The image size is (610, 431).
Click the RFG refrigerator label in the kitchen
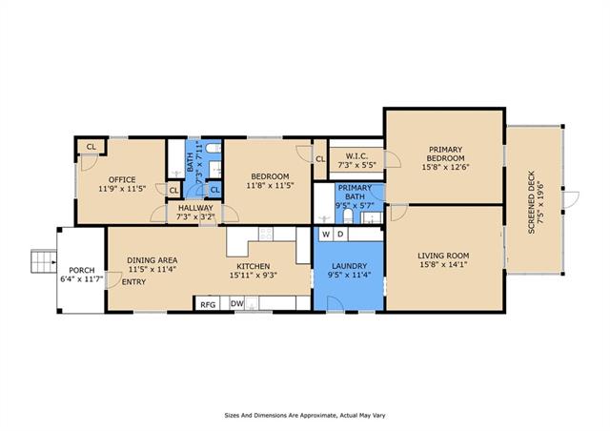click(x=208, y=304)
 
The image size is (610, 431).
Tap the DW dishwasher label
click(x=237, y=303)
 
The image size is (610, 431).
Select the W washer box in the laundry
click(x=326, y=234)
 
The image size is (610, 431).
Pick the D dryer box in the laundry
click(x=340, y=234)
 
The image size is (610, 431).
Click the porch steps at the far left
click(x=44, y=261)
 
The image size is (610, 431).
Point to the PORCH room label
click(x=82, y=270)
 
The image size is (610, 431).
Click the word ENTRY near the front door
click(x=133, y=282)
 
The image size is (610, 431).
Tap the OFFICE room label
click(x=122, y=179)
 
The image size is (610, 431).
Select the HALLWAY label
click(x=195, y=208)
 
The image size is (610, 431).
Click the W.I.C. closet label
click(x=356, y=156)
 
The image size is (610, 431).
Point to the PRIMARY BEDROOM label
click(x=445, y=154)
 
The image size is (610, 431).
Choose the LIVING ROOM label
click(x=443, y=256)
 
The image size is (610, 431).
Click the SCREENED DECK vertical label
click(x=532, y=202)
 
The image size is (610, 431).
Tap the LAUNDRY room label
click(x=350, y=266)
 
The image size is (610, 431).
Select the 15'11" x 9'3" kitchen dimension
click(x=254, y=276)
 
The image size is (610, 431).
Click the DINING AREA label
click(x=152, y=260)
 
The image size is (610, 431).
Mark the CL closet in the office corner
click(x=91, y=147)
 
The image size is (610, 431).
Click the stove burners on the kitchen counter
click(x=266, y=234)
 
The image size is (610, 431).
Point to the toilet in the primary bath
click(x=348, y=216)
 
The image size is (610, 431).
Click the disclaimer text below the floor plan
click(x=305, y=416)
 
